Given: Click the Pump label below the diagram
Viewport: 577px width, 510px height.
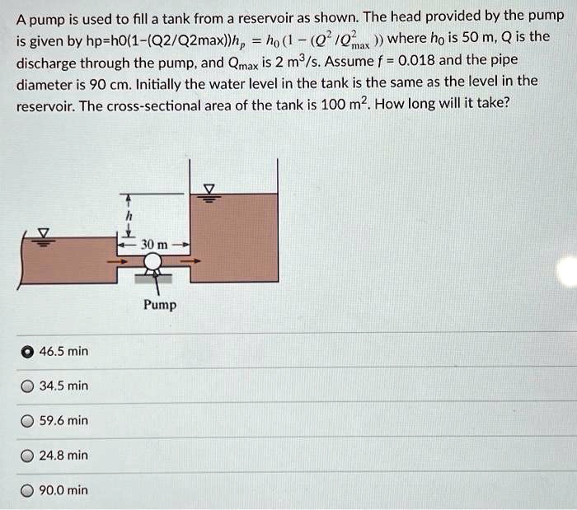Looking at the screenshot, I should pyautogui.click(x=159, y=305).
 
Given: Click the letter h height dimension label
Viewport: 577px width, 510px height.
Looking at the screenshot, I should pyautogui.click(x=129, y=216).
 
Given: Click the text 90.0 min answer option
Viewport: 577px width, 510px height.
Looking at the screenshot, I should pyautogui.click(x=63, y=490).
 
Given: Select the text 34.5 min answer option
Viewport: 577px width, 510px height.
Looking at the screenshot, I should pyautogui.click(x=63, y=386).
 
